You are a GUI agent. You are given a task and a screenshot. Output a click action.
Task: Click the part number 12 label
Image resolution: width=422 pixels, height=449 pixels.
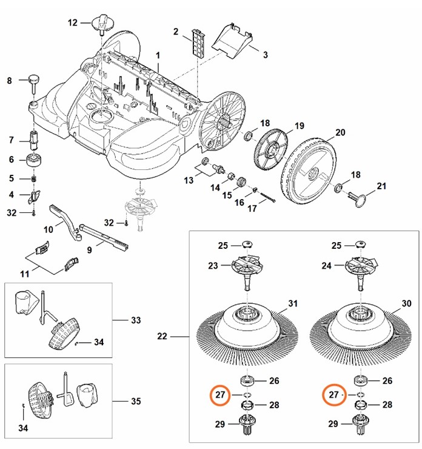[x=73, y=23]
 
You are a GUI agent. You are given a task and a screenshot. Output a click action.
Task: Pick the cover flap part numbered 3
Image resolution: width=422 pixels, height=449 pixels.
[x=233, y=38]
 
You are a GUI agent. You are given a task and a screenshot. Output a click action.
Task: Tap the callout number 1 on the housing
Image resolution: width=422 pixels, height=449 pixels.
[x=158, y=56]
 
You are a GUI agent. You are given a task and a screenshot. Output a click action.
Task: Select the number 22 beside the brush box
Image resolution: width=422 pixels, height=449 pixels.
[x=162, y=336]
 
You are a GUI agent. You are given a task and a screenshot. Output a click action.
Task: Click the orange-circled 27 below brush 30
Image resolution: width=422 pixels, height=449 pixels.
[x=333, y=395]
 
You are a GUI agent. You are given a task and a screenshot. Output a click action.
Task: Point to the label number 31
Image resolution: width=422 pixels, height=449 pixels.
[x=293, y=303]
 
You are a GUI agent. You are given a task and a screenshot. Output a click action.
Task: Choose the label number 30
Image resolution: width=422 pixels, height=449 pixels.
[x=406, y=303]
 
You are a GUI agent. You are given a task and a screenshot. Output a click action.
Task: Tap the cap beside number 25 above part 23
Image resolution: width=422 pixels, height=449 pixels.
[x=247, y=243]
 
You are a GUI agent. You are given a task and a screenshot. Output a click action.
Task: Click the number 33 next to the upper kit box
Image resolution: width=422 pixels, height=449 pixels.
[x=135, y=320]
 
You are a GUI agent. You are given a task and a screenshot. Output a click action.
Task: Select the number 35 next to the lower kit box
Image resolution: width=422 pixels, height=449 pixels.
[x=135, y=401]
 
